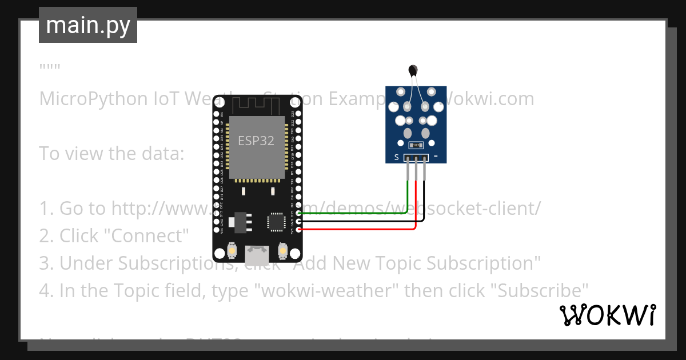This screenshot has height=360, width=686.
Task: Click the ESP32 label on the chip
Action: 256,141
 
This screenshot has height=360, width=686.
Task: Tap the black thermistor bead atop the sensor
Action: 413,70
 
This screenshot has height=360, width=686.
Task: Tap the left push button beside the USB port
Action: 232,251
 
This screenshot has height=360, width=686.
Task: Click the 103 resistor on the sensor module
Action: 416,145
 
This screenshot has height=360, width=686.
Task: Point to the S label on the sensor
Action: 396,157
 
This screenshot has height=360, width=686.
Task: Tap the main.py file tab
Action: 87,25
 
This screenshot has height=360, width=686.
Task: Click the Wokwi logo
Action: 607,315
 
